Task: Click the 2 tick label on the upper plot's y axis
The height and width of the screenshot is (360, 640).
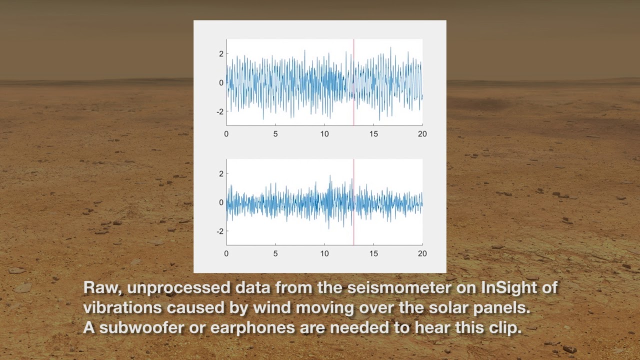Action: click(221, 53)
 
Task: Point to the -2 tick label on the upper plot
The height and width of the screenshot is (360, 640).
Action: click(220, 111)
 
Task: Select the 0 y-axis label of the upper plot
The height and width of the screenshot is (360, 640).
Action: click(221, 83)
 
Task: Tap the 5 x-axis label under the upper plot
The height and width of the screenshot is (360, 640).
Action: click(275, 134)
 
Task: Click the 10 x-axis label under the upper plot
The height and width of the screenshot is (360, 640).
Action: click(324, 134)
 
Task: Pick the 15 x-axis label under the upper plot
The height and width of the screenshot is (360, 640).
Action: click(373, 134)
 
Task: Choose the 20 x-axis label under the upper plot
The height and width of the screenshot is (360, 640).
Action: click(422, 134)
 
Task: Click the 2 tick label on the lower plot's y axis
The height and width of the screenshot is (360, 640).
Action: click(221, 173)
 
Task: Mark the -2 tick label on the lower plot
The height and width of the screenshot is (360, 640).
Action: click(220, 231)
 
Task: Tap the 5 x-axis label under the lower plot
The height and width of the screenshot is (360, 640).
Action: click(275, 253)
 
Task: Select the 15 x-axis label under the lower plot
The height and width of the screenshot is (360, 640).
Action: click(373, 253)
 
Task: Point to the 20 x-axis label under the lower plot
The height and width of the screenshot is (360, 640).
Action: click(422, 253)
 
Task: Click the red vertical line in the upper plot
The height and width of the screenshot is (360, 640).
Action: click(353, 82)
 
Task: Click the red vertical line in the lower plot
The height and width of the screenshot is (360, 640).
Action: click(353, 202)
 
